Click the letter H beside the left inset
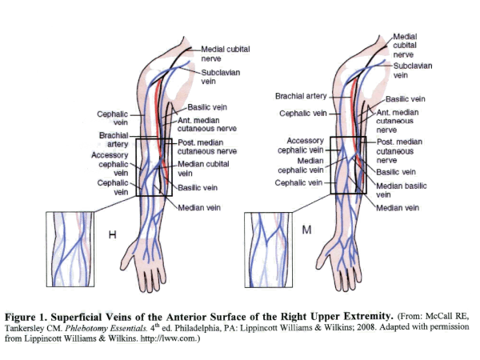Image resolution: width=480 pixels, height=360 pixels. pyautogui.click(x=113, y=234)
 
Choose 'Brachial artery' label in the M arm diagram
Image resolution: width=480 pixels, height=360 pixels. pyautogui.click(x=302, y=97)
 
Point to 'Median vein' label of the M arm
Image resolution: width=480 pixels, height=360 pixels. pyautogui.click(x=398, y=208)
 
